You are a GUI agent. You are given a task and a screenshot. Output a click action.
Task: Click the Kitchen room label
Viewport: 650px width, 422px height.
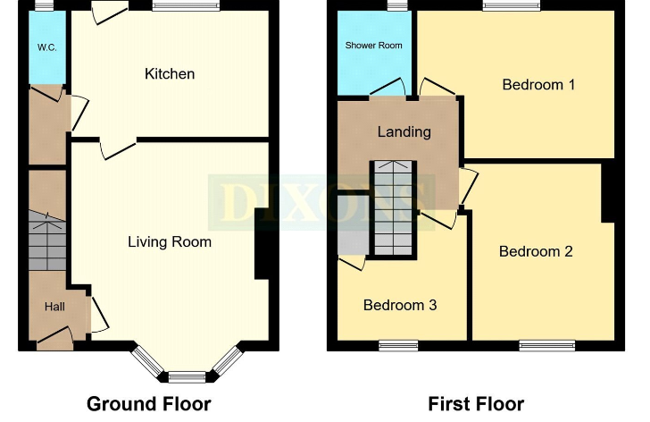pos(170,74)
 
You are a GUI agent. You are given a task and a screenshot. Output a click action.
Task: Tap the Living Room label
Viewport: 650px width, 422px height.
pos(170,242)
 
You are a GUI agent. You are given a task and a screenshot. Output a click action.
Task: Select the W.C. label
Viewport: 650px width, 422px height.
pos(46,47)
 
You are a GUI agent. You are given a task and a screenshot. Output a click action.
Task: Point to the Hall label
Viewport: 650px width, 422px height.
pos(54,307)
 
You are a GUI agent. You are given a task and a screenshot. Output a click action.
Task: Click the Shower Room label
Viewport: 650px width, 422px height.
pos(373,46)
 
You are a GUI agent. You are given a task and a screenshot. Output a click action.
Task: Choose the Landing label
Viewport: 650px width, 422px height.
pos(404,132)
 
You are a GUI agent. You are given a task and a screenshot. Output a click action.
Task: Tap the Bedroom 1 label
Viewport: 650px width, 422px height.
pos(538,85)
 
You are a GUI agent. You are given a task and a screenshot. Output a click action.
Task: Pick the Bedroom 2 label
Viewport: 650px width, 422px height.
pos(536,251)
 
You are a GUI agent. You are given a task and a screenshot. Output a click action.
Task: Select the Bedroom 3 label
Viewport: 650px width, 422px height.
pos(400,306)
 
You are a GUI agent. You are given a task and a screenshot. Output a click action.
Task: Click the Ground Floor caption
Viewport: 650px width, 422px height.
pos(149,404)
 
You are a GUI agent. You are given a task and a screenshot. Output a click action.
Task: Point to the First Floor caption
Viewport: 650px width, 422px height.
pos(476,404)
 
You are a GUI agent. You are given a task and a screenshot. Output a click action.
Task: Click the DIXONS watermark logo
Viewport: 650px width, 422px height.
pos(321,202)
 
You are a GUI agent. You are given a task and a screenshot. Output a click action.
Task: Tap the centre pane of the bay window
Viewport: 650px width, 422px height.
pos(187,377)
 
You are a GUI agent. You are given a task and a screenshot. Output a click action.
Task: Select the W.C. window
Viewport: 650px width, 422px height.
pos(44,5)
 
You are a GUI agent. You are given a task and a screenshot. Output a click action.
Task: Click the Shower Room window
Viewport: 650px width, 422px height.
pos(397,5)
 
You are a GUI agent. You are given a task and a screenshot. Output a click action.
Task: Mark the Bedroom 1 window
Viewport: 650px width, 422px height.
pos(512,5)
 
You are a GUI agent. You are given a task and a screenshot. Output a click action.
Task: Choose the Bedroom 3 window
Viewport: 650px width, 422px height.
pos(398,346)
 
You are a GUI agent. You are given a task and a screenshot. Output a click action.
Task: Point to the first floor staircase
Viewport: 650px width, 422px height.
pos(394,208)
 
